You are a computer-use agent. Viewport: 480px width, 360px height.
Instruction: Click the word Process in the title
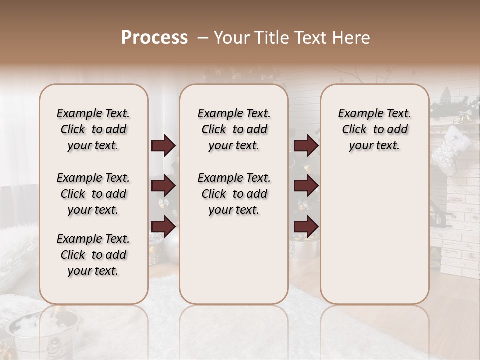[154, 38]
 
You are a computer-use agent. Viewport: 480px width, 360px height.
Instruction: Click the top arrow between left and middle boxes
[163, 146]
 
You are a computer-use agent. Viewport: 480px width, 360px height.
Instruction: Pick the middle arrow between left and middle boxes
[163, 186]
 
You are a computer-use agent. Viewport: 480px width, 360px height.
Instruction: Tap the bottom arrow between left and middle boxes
[163, 226]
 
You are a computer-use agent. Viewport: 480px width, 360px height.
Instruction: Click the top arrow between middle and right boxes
[306, 146]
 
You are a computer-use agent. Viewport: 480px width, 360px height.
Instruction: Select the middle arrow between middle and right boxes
[306, 186]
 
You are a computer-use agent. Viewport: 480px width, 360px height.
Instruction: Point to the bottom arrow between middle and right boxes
[306, 226]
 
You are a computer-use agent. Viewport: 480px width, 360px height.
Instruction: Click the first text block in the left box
[93, 129]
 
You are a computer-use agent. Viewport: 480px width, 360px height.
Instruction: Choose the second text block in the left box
[93, 194]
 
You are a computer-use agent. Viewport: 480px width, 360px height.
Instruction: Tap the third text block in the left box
[93, 255]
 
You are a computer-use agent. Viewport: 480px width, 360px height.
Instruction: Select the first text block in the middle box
[234, 129]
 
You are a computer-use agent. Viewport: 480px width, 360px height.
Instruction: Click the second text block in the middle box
[234, 194]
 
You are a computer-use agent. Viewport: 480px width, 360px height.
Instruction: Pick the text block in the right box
[374, 129]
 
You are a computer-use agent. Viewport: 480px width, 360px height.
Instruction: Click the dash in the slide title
[203, 38]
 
